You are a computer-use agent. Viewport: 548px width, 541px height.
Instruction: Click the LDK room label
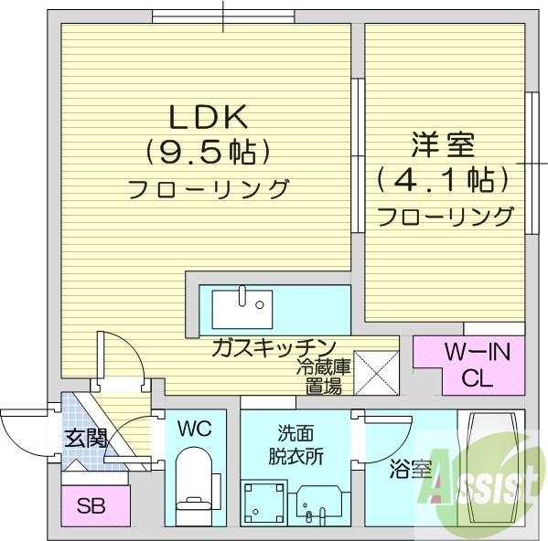coord(207,117)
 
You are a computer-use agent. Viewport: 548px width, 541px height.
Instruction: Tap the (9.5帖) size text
coord(207,152)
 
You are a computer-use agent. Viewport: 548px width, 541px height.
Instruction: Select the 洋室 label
coord(442,144)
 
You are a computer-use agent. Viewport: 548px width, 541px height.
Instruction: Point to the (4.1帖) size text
coord(443,179)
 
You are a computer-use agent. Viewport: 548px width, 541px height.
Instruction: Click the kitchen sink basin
coord(242,308)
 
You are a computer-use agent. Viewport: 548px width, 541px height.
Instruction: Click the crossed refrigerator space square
coord(373,371)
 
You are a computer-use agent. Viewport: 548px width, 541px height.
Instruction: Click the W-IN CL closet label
coord(467,364)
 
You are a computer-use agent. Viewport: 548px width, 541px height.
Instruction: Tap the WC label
coord(195,428)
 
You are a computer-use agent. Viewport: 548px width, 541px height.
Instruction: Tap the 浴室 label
coord(409,471)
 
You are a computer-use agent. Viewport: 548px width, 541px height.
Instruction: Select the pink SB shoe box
coord(90,504)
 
